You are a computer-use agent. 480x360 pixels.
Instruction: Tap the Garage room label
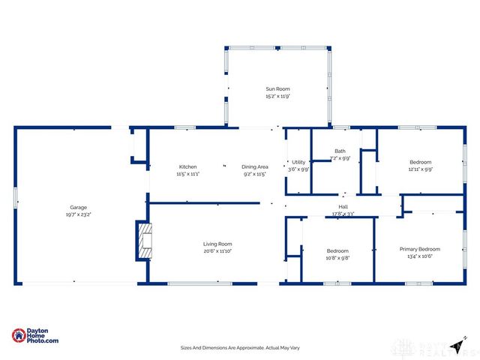coord(79,207)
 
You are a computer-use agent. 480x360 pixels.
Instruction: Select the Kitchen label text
coord(187,166)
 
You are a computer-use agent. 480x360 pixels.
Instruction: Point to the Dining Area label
coord(255,166)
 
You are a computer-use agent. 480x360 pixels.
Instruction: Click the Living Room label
coord(217,244)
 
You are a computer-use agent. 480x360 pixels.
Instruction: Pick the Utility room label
coord(298,162)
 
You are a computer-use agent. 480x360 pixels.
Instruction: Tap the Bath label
coord(340,151)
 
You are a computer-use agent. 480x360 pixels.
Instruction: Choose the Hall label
coord(343,208)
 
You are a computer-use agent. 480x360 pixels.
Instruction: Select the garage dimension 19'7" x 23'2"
coord(79,214)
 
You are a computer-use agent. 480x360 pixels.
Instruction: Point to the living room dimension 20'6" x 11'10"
coord(217,251)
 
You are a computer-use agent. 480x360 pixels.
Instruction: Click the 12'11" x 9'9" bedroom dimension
coord(420,169)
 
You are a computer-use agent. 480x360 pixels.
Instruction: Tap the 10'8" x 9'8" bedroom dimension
coord(337,258)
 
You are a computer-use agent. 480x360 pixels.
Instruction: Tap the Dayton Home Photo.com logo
coord(35,337)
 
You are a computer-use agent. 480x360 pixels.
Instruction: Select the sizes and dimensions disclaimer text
coord(239,347)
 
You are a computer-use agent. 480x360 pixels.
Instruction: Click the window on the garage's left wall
coord(15,199)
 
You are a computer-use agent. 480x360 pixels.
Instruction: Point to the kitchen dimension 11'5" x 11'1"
coord(187,173)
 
